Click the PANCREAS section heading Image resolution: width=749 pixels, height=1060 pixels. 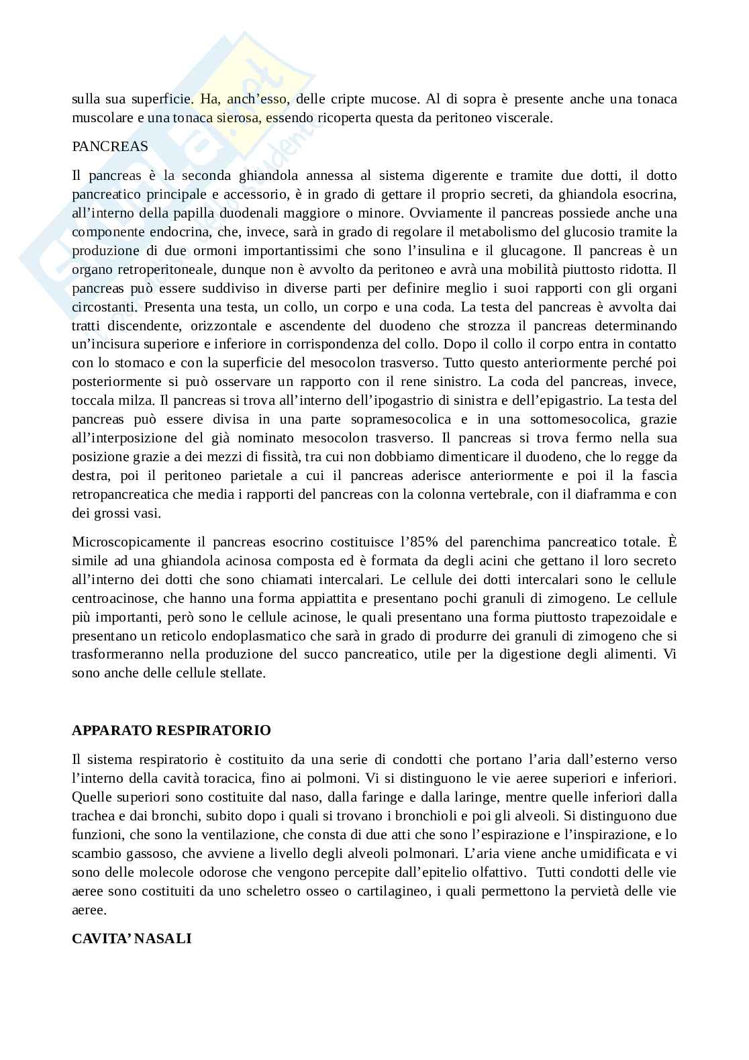tap(109, 146)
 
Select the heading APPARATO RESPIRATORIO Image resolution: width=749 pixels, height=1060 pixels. tap(171, 730)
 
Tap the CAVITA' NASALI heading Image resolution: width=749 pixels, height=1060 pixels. tap(132, 938)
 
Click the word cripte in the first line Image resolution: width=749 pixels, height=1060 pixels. tap(348, 100)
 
